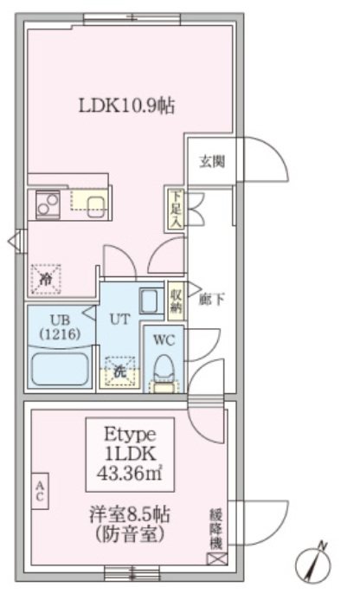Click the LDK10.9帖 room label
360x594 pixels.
(126, 106)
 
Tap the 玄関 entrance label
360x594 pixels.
(212, 162)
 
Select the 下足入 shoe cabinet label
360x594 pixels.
(176, 210)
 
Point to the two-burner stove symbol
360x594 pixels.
(48, 204)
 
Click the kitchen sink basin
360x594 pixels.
(97, 208)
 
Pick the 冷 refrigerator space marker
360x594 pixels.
(46, 279)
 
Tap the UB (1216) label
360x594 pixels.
(61, 326)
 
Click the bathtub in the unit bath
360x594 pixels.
(60, 370)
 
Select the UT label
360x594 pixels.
(119, 319)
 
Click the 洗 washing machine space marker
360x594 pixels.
(120, 371)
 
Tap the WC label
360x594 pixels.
(164, 339)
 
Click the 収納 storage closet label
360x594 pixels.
(176, 300)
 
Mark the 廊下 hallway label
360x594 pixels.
(212, 300)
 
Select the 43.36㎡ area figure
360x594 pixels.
(130, 473)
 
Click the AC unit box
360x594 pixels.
(40, 491)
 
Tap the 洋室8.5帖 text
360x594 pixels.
(130, 515)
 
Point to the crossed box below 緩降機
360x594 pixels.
(217, 558)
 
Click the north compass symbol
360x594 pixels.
(313, 565)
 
